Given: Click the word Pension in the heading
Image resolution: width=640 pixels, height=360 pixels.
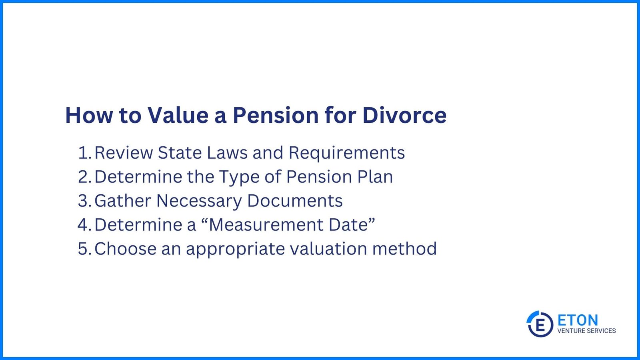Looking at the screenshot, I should tap(275, 115).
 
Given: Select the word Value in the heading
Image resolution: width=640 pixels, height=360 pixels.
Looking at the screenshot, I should tap(178, 115).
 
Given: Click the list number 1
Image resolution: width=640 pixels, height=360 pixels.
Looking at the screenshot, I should tap(84, 153).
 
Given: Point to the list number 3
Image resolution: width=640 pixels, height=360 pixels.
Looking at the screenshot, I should tap(84, 201).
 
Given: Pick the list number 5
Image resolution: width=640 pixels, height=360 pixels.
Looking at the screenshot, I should tap(84, 249).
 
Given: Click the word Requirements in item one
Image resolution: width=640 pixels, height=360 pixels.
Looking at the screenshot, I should tap(346, 153).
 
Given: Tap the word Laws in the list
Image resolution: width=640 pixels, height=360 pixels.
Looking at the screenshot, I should tap(227, 153).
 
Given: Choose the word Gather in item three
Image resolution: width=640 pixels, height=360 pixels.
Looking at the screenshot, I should tap(122, 201).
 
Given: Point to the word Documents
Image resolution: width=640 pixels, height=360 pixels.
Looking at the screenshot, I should tap(294, 201).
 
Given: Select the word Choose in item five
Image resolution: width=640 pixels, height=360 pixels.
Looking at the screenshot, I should tap(125, 249).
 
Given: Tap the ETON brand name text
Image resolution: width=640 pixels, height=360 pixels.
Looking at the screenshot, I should tap(578, 320).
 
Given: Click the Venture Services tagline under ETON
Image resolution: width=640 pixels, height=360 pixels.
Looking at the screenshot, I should tap(586, 331).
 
